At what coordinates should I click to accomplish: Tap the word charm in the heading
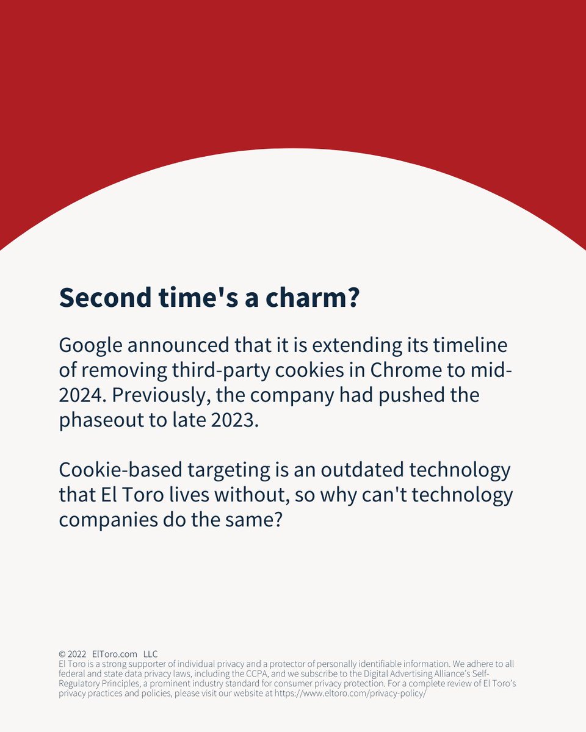[x=302, y=297]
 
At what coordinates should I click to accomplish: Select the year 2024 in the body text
[x=81, y=395]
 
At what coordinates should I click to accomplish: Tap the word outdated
[x=355, y=470]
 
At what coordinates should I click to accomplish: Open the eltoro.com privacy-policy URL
[x=350, y=694]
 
